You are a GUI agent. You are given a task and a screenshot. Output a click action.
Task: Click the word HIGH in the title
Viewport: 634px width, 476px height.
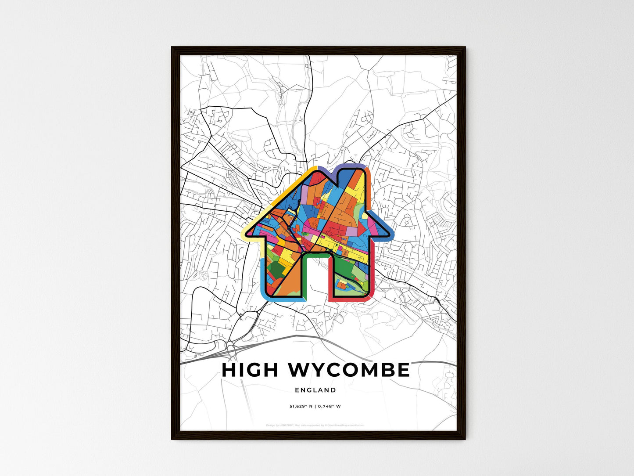pos(250,370)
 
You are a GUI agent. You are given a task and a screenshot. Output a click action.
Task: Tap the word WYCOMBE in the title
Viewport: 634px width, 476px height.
pos(349,370)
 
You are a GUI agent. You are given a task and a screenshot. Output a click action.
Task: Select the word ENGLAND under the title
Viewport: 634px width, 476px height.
pos(315,390)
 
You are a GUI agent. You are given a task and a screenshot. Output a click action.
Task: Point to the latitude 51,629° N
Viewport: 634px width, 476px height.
pos(301,406)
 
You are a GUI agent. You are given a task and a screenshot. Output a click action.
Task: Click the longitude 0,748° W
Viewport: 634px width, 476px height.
pos(330,406)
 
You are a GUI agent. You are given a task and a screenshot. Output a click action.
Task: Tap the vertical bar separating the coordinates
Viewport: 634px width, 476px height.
pos(315,406)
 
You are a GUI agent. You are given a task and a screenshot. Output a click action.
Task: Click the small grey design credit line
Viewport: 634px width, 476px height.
pos(315,425)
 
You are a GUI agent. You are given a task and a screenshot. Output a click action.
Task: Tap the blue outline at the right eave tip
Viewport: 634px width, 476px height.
pos(391,235)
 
